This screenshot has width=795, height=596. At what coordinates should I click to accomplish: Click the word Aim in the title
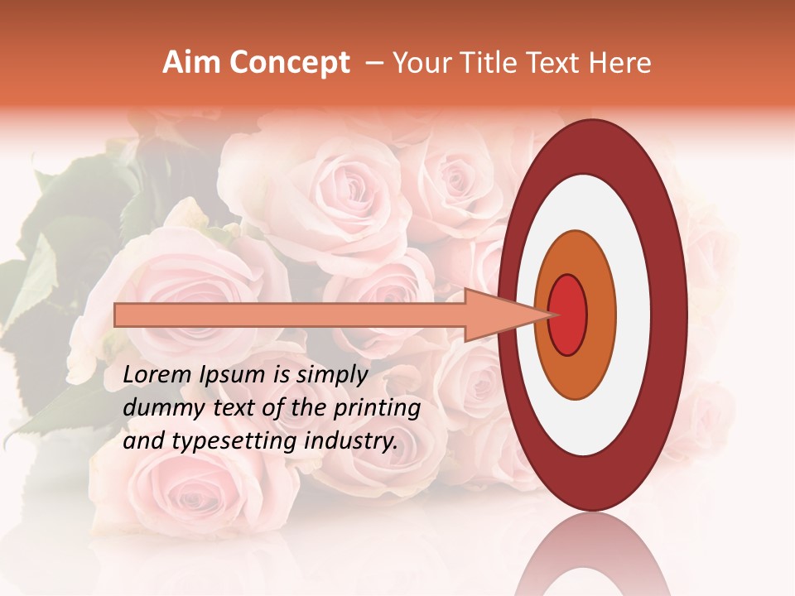190,63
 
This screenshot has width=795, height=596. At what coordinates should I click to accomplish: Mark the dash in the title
373,63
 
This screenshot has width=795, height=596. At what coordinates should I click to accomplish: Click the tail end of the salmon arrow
118,315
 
